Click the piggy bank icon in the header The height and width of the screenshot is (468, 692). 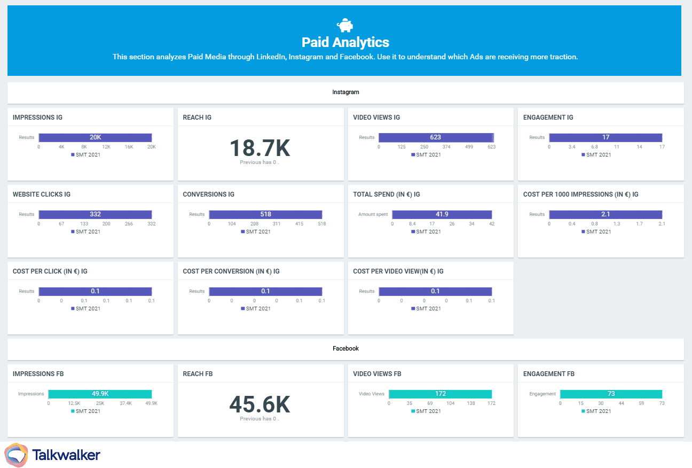click(345, 25)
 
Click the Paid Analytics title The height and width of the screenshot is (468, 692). click(345, 42)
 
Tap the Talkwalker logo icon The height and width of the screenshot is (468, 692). click(16, 455)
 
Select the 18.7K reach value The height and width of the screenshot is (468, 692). click(259, 148)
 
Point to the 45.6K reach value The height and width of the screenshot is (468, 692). click(259, 404)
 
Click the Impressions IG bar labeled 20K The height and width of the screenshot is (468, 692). click(95, 137)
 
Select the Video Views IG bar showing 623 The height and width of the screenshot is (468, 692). click(436, 137)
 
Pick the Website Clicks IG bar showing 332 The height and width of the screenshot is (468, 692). click(95, 214)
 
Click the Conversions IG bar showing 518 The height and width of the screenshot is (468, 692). click(265, 214)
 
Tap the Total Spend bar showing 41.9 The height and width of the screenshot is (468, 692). click(442, 214)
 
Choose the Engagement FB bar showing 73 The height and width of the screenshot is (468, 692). click(611, 394)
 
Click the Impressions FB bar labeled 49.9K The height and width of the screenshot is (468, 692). click(100, 394)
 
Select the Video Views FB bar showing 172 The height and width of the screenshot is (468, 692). click(440, 394)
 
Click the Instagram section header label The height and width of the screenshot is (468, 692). click(345, 92)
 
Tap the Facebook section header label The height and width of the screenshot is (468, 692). click(345, 348)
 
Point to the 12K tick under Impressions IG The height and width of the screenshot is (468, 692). click(106, 146)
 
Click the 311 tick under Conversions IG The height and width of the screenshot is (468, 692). click(276, 223)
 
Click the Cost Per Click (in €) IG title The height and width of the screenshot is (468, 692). click(50, 271)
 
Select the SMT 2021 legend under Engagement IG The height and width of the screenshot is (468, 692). click(597, 154)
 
